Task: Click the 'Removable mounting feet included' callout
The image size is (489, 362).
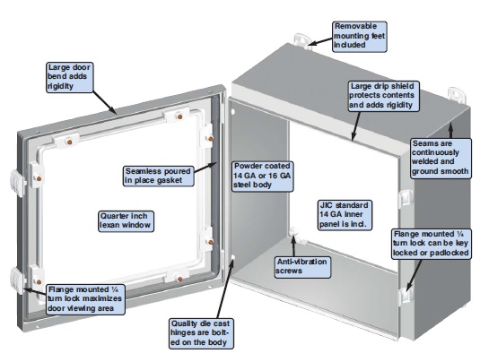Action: click(x=360, y=37)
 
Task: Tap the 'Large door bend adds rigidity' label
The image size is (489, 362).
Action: click(x=70, y=77)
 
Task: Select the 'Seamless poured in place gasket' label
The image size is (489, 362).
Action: click(x=159, y=176)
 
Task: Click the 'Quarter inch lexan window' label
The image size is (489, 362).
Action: click(x=126, y=221)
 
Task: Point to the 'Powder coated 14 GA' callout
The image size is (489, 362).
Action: click(x=262, y=176)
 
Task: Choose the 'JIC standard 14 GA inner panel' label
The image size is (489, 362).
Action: click(x=345, y=215)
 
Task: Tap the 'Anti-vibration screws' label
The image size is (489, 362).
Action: click(x=302, y=267)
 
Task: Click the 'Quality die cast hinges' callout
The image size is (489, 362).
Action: click(x=201, y=333)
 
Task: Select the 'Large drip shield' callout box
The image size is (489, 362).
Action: click(x=383, y=96)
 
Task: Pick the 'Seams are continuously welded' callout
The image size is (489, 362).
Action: click(x=441, y=159)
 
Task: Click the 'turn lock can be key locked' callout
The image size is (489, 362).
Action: click(x=431, y=244)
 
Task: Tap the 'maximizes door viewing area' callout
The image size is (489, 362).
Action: click(x=85, y=299)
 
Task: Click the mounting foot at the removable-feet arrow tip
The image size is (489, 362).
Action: click(x=301, y=41)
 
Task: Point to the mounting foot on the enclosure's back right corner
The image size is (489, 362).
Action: click(x=458, y=95)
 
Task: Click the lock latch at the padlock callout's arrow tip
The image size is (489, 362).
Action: click(x=406, y=296)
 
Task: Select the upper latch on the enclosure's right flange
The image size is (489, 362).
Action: click(x=406, y=199)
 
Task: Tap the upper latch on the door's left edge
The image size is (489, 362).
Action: click(x=18, y=183)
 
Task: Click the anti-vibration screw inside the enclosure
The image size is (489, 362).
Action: click(x=294, y=234)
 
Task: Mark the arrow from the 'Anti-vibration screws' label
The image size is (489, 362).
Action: click(x=293, y=246)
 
